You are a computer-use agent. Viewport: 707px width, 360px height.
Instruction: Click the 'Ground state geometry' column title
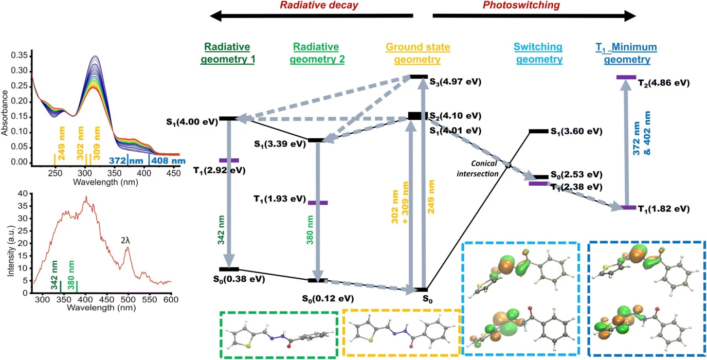[x=418, y=53]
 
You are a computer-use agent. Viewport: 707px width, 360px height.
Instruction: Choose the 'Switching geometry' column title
[x=539, y=53]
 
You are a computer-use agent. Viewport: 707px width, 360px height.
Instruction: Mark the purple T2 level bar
[x=626, y=77]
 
